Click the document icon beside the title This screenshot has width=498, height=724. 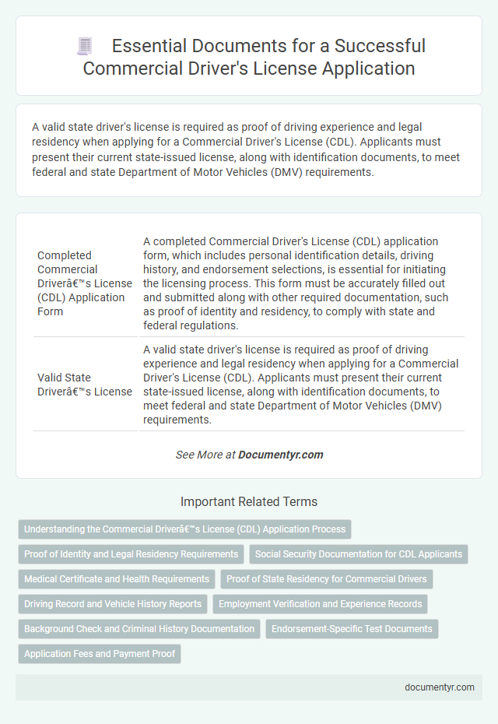[x=84, y=46]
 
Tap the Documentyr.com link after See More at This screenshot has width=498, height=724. [x=281, y=455]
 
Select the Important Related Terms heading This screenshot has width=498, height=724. [x=249, y=501]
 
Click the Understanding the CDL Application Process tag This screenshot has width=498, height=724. [x=184, y=529]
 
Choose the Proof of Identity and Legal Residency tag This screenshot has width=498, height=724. [x=131, y=554]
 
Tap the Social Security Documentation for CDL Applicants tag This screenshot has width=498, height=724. [x=359, y=554]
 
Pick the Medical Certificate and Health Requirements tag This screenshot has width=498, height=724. [x=116, y=579]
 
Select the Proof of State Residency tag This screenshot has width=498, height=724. [x=327, y=579]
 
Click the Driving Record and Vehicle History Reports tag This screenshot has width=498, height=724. [x=113, y=604]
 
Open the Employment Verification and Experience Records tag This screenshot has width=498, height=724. [x=321, y=604]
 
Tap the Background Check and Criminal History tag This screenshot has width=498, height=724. [x=139, y=629]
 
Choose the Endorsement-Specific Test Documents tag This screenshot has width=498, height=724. [x=352, y=629]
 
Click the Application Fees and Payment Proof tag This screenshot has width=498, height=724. [x=100, y=654]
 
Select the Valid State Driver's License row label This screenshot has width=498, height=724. [x=85, y=385]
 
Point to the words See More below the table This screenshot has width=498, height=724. [x=199, y=455]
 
